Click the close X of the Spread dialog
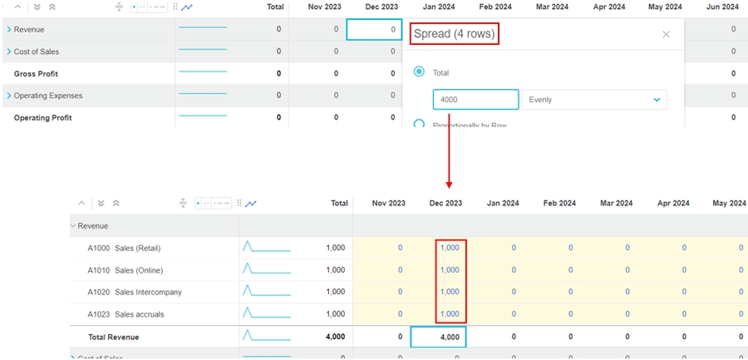666,35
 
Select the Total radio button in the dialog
420,72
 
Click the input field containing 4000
475,100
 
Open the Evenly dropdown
594,100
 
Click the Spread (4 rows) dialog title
455,35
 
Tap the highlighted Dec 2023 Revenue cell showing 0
374,29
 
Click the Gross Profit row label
37,74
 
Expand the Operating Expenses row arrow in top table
9,96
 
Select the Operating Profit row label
43,118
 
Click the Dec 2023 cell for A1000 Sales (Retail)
450,248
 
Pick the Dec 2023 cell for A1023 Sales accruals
450,313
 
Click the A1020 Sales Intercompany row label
135,292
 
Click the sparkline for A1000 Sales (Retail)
266,248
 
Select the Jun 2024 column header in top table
722,7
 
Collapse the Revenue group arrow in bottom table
73,225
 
